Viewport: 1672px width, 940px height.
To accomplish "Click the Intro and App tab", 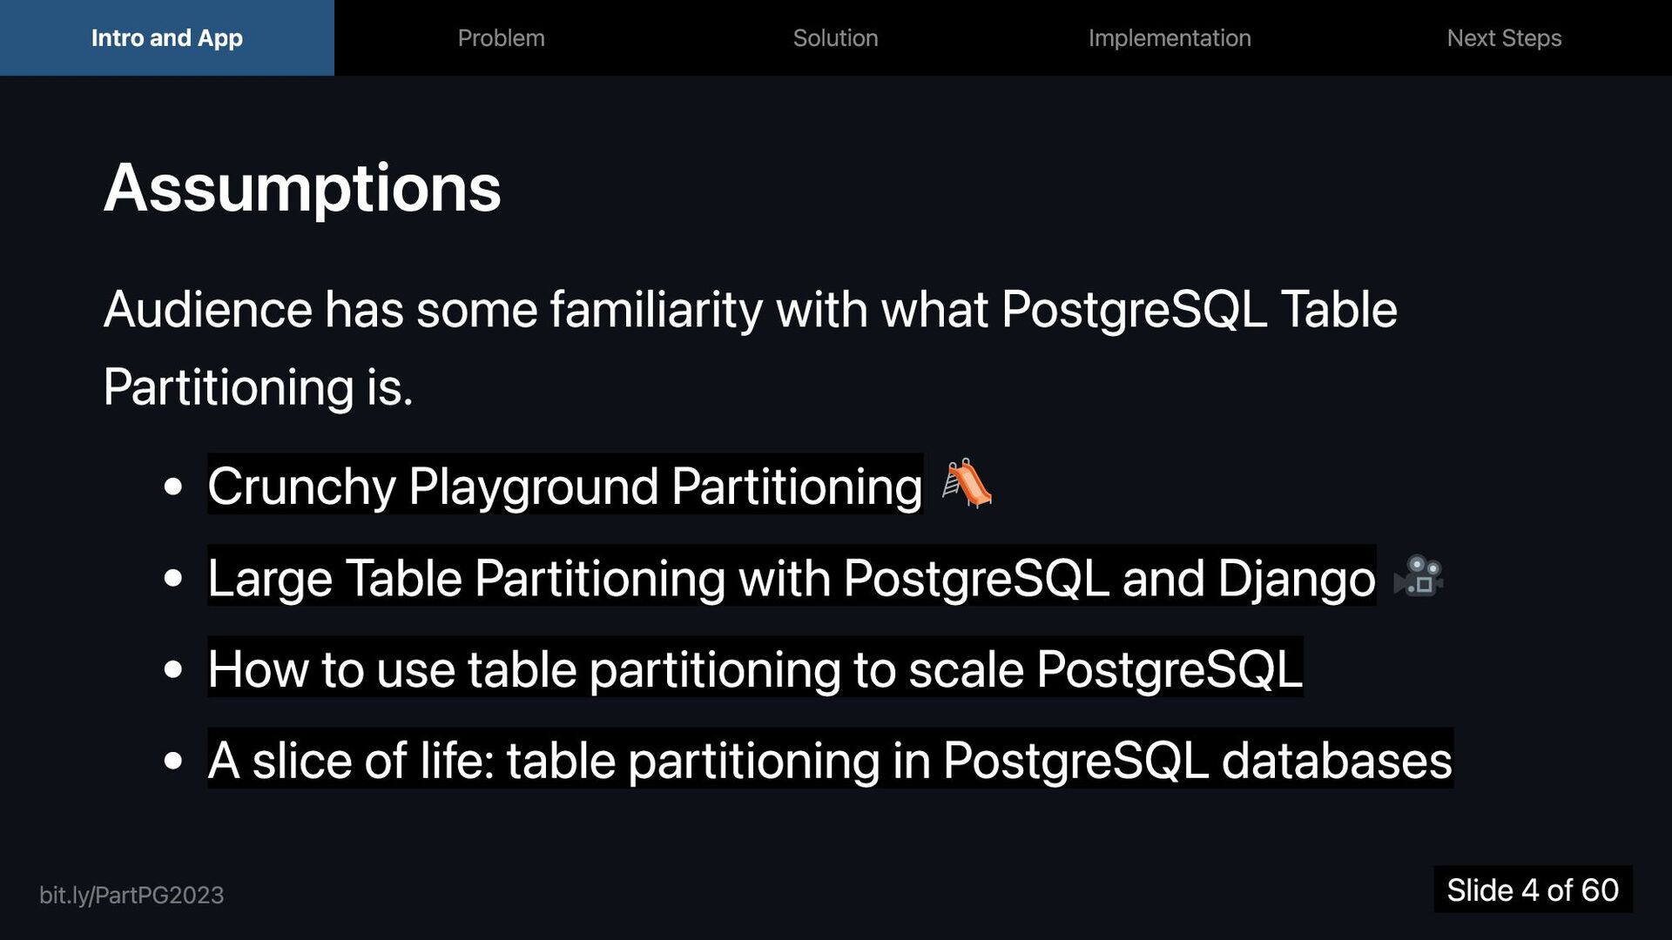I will [x=166, y=38].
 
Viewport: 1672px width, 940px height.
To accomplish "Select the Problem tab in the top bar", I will [x=501, y=38].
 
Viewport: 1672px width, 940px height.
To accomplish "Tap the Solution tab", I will [x=835, y=38].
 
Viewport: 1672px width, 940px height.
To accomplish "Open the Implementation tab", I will [x=1170, y=38].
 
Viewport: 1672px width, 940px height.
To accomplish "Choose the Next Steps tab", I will [x=1504, y=38].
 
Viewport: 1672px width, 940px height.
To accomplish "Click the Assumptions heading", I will [x=302, y=188].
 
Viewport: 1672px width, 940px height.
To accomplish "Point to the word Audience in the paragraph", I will [x=207, y=310].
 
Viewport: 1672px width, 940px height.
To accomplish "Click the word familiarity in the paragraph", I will [x=656, y=310].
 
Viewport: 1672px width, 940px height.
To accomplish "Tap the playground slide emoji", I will [x=967, y=484].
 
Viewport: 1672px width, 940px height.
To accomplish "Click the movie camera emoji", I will [x=1419, y=576].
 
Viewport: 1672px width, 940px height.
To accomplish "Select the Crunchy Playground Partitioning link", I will [x=564, y=486].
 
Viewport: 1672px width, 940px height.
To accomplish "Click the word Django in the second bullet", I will [x=1296, y=578].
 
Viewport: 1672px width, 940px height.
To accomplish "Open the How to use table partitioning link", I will [x=754, y=669].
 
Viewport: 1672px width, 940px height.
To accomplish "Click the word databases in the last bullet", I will [x=1336, y=761].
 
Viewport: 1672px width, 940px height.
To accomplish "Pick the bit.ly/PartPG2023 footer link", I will [x=131, y=895].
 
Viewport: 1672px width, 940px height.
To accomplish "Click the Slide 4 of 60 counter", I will [x=1532, y=890].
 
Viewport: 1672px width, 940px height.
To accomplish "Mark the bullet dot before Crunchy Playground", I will [x=173, y=487].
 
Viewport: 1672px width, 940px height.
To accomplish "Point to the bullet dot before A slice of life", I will [x=173, y=762].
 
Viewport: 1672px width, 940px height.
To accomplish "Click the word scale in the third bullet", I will [x=965, y=669].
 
